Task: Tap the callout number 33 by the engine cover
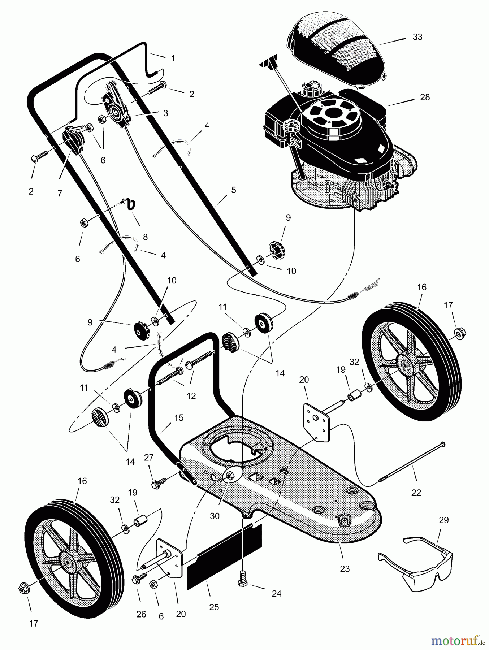(417, 37)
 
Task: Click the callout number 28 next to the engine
(425, 97)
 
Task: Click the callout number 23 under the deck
(345, 569)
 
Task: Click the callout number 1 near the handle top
(173, 58)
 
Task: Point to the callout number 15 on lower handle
(179, 418)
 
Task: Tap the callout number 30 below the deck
(215, 516)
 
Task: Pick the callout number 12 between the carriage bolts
(191, 396)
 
